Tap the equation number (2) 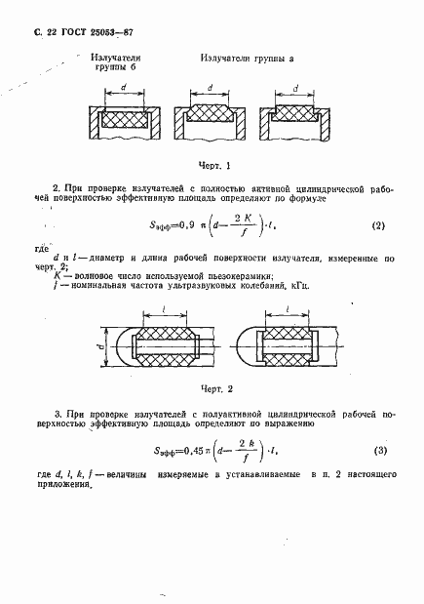tap(376, 226)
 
